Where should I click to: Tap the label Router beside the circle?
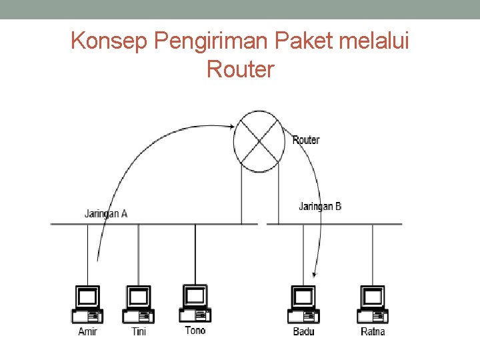(x=306, y=140)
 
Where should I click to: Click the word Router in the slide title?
(x=240, y=69)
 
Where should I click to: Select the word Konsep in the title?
(x=109, y=42)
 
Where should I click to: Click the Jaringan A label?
(x=106, y=214)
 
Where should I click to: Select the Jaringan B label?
(x=320, y=207)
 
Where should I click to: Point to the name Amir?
(x=87, y=331)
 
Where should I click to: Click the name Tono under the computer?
(x=195, y=330)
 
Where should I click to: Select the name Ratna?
(x=373, y=331)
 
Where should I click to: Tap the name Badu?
(x=304, y=331)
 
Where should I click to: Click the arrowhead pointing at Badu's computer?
(x=315, y=274)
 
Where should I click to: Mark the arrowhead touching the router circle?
(x=231, y=125)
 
